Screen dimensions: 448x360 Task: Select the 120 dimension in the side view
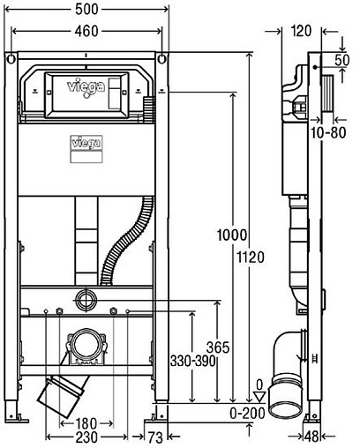tap(301, 30)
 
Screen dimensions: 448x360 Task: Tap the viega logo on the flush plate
tap(85, 88)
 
